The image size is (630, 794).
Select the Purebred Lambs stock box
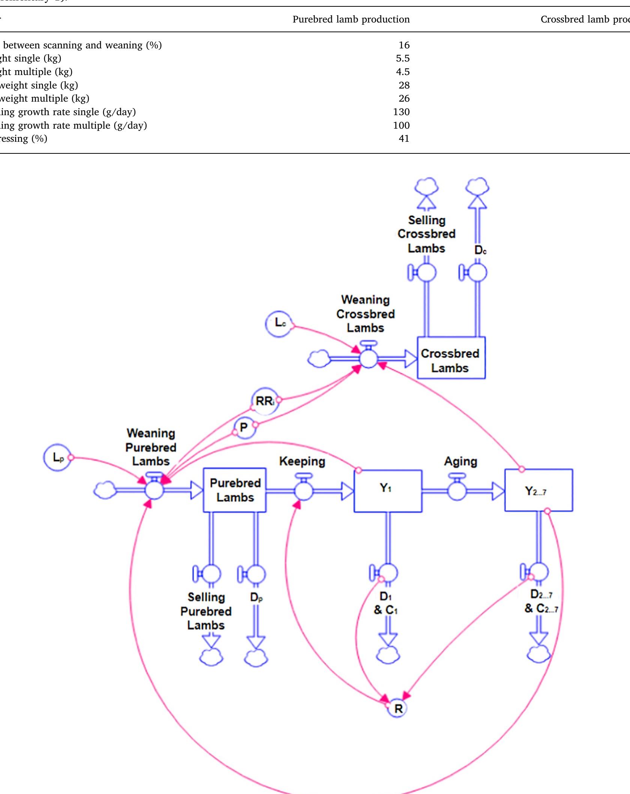235,490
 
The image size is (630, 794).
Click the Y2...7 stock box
538,490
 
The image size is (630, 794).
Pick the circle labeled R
398,709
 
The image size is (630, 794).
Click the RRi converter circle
265,402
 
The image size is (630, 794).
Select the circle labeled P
245,428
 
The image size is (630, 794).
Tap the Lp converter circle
57,458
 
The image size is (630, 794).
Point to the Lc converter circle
279,323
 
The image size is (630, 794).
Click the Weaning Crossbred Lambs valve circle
368,359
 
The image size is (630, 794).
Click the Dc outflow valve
477,273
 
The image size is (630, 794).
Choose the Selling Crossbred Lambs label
427,234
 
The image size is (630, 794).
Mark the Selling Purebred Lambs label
206,611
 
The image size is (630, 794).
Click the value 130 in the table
401,112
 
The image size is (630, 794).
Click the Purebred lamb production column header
351,20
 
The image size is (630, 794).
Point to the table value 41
404,139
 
